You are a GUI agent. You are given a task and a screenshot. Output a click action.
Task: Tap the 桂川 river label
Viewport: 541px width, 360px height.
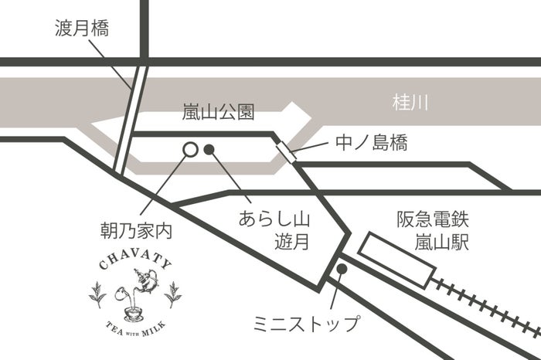pos(410,100)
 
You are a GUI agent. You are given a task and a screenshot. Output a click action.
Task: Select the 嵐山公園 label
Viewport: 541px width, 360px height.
pos(218,114)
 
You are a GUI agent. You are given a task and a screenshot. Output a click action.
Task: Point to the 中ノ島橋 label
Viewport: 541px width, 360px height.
pos(372,142)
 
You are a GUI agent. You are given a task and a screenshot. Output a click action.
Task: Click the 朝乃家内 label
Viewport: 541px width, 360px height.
pos(136,229)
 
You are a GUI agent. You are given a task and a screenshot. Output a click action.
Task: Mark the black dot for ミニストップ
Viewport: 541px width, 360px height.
pos(341,268)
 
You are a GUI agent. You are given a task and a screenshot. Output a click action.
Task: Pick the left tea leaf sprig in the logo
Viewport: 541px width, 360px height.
pos(98,294)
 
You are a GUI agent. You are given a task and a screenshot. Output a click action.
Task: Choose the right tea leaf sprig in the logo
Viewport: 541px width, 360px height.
pos(174,294)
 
